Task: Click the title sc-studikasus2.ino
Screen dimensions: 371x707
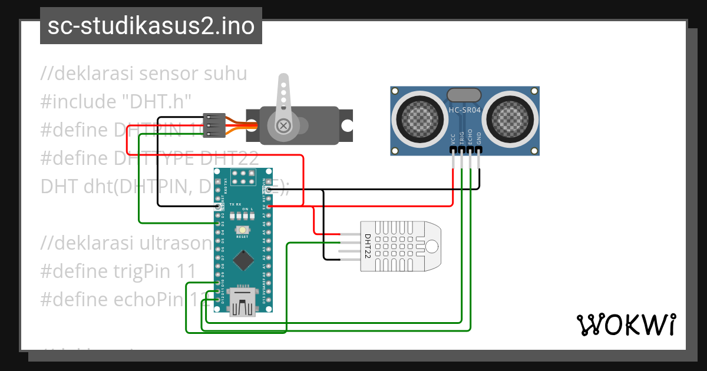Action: point(151,26)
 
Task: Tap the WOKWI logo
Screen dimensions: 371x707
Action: point(625,324)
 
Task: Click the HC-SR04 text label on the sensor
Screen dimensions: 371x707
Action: point(465,110)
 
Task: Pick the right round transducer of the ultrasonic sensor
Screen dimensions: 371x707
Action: point(510,117)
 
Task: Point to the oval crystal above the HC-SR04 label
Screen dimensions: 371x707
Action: point(465,95)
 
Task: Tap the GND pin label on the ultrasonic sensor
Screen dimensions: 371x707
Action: point(479,138)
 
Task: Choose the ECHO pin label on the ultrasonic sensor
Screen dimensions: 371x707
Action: point(470,137)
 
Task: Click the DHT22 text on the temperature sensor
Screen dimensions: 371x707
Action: point(367,246)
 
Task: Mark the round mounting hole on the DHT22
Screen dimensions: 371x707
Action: point(433,246)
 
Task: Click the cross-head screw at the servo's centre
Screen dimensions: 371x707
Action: point(284,125)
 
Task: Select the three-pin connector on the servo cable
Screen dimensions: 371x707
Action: point(213,125)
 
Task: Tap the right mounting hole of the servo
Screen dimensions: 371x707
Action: point(347,125)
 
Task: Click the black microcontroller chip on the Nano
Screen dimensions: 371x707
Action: point(242,259)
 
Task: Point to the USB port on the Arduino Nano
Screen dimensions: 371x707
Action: point(242,301)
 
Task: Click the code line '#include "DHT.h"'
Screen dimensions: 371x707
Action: point(117,102)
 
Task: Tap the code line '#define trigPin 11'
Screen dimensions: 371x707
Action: point(118,271)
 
